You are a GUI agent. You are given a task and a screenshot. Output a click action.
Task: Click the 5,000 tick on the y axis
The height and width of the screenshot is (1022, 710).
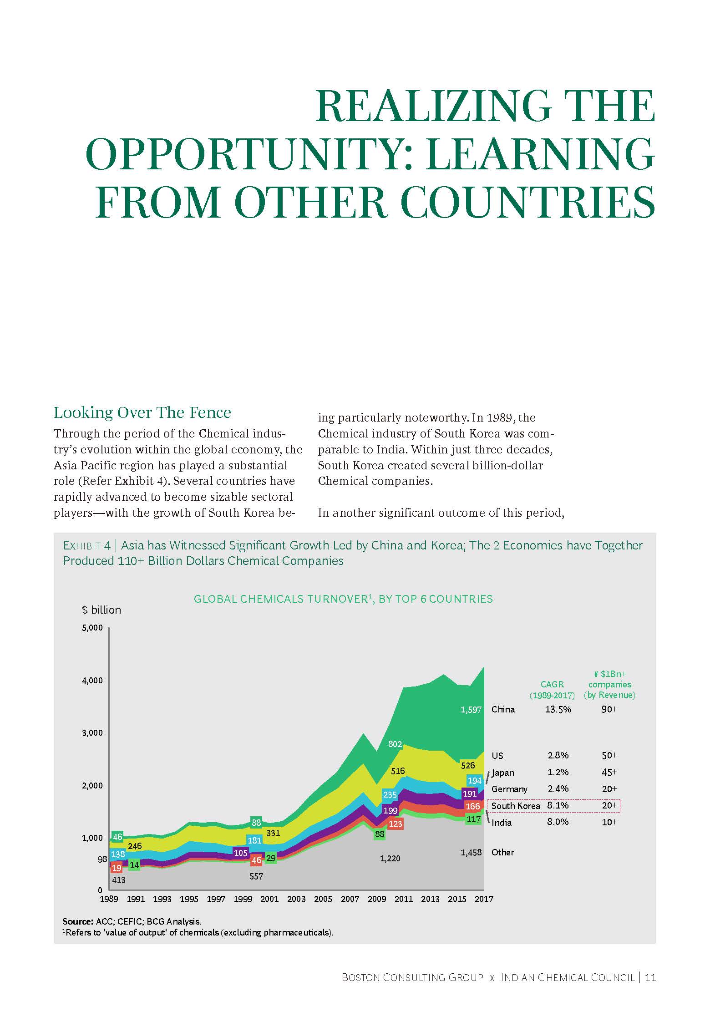(x=92, y=628)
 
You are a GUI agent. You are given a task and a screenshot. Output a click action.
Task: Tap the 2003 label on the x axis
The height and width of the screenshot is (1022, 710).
(x=296, y=899)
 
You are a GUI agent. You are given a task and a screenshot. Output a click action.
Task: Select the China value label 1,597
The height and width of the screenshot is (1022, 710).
(x=471, y=710)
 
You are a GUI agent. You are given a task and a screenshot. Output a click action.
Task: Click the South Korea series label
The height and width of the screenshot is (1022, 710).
(x=515, y=806)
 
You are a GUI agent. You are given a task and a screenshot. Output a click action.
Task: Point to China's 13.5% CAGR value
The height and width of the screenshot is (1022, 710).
(x=558, y=709)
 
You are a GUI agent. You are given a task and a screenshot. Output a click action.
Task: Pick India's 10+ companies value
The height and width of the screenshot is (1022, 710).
(x=609, y=822)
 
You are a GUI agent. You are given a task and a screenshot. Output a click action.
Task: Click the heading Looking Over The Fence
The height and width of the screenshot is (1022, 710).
(x=142, y=412)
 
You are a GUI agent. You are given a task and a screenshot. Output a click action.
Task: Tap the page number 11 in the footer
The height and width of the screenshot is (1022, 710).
(x=650, y=977)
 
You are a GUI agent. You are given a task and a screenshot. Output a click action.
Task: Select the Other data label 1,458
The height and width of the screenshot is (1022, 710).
(x=471, y=852)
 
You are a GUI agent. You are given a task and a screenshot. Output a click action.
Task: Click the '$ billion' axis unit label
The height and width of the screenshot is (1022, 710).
(x=101, y=610)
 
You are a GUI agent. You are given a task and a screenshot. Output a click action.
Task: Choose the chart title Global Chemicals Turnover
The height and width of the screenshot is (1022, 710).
(x=343, y=599)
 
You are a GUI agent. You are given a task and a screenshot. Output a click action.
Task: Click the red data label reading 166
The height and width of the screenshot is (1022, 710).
(x=473, y=806)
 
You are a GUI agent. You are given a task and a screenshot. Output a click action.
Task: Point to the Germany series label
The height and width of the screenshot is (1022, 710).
(x=509, y=789)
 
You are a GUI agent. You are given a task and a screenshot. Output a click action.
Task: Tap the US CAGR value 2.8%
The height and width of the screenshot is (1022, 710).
(x=558, y=755)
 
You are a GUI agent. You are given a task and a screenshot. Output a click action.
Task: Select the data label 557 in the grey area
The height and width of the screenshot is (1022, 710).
(x=256, y=876)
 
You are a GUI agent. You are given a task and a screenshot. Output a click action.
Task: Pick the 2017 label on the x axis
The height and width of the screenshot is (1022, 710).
(x=484, y=899)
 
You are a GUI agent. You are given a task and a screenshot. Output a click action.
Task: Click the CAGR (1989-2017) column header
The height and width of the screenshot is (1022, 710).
(x=552, y=690)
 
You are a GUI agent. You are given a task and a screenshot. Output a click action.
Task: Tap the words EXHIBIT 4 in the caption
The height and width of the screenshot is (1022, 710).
(x=87, y=545)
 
